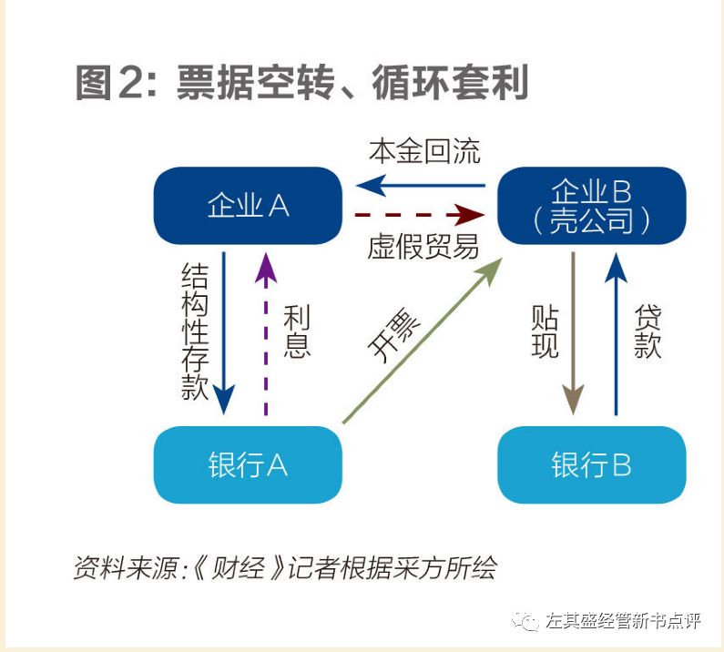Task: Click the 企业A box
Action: (x=248, y=206)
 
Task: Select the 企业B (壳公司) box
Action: (x=591, y=206)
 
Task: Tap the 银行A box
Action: (x=248, y=464)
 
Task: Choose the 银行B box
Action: (x=591, y=464)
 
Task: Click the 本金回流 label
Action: (x=424, y=151)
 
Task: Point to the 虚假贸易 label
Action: (x=423, y=246)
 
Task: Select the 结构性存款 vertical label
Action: (x=194, y=332)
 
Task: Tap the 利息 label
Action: (x=297, y=332)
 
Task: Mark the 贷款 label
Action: (x=648, y=332)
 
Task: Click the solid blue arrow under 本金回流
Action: (x=420, y=186)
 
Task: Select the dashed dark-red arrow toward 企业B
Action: (x=420, y=215)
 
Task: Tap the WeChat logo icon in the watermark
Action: (x=525, y=621)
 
